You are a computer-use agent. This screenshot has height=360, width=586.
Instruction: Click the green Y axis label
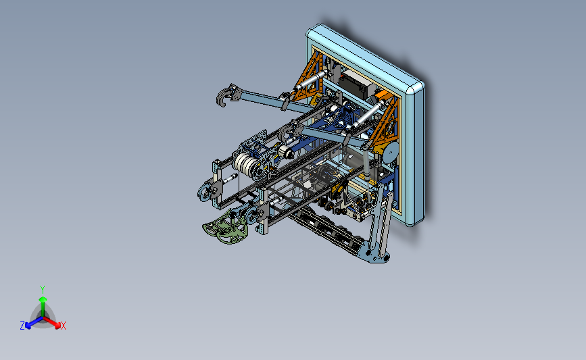point(43,288)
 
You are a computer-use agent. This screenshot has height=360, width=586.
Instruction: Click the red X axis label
point(64,326)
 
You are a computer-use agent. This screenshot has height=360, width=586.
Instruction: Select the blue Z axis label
point(22,326)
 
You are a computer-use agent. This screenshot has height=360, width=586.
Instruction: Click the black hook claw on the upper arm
point(221,99)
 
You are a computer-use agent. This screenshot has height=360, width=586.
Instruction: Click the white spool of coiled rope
point(245,163)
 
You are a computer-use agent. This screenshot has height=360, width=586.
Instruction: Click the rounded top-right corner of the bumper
point(414,87)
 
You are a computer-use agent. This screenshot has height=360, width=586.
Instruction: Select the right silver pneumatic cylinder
point(366,114)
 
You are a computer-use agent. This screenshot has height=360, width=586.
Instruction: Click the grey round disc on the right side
point(390,153)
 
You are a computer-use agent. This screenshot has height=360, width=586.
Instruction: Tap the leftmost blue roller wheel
point(203,193)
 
